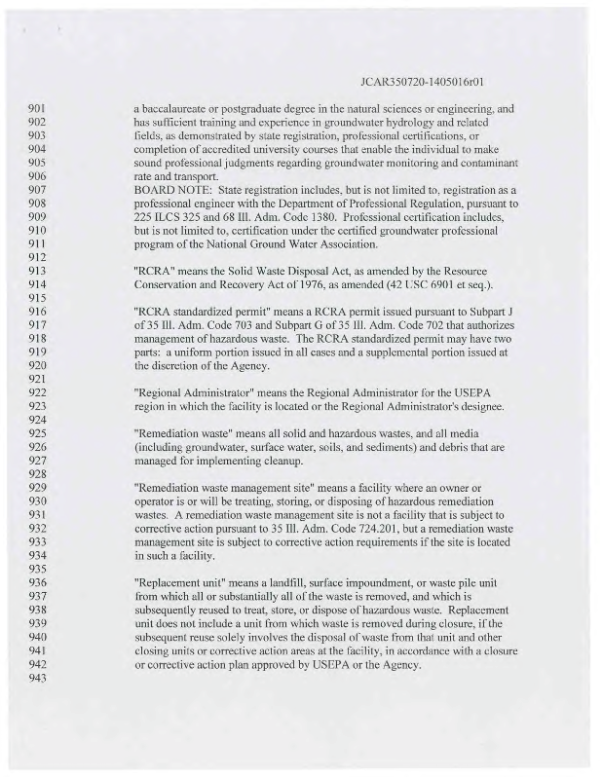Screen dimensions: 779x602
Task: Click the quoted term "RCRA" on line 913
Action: [154, 270]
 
